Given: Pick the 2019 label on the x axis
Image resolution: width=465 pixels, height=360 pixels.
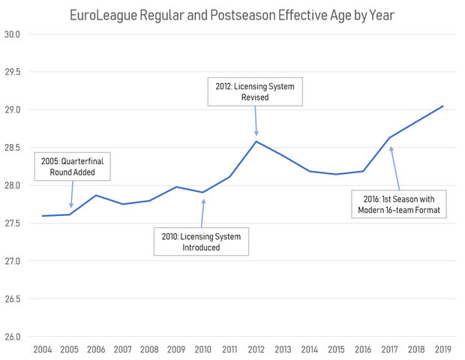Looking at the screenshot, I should [443, 350].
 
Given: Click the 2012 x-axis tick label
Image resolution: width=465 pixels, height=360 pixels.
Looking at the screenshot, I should [256, 350].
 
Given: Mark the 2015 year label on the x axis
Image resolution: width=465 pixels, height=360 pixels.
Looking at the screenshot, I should [337, 350].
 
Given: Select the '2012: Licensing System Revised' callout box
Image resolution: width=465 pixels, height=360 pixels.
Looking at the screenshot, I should [256, 92].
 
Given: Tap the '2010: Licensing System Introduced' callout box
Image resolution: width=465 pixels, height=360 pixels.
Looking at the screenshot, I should [202, 241].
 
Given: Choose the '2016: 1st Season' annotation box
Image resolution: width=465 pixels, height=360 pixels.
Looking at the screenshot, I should [398, 205].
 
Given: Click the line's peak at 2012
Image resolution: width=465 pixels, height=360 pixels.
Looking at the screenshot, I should [256, 141].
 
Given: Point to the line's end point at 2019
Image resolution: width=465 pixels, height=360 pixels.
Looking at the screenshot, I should [443, 106].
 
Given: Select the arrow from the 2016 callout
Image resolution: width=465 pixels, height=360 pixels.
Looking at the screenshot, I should [394, 167].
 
